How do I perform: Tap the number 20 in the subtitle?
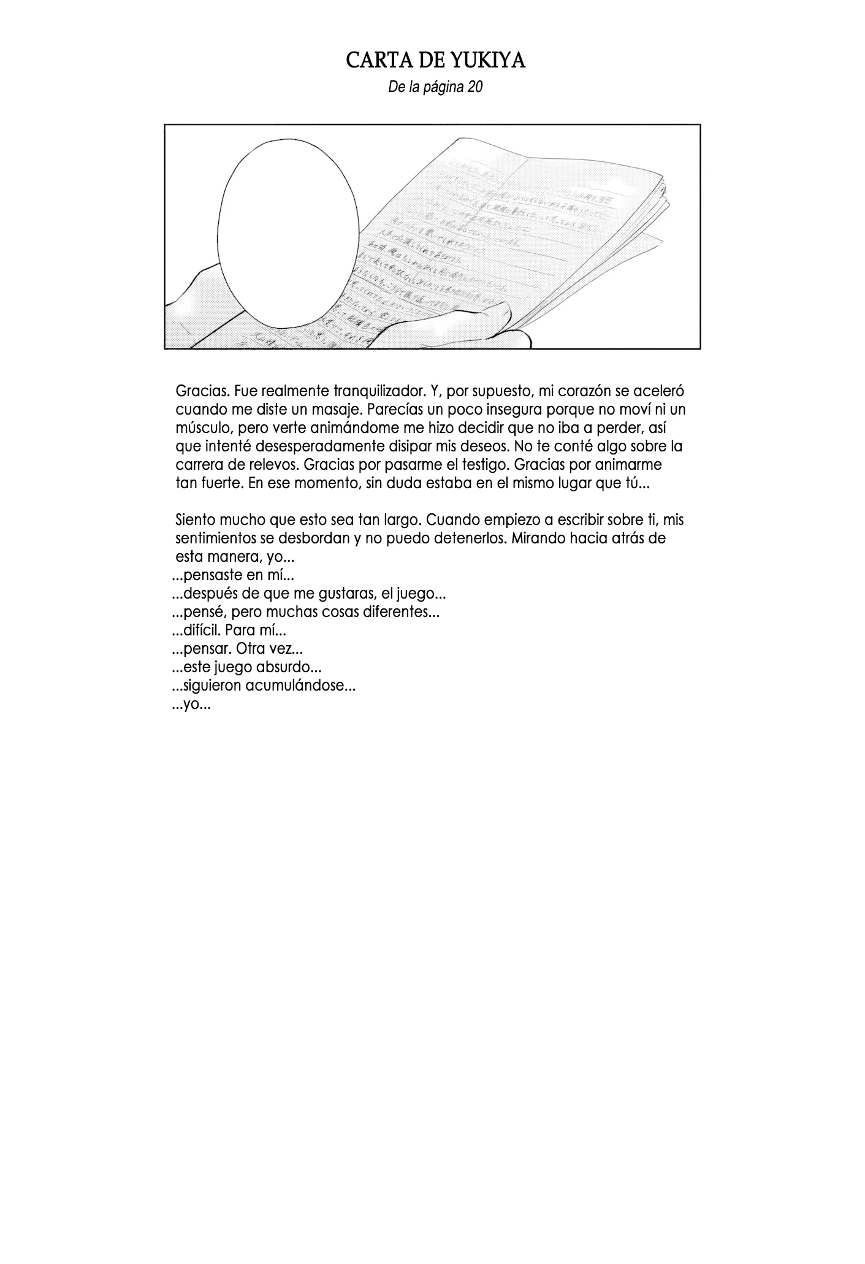[x=475, y=87]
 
